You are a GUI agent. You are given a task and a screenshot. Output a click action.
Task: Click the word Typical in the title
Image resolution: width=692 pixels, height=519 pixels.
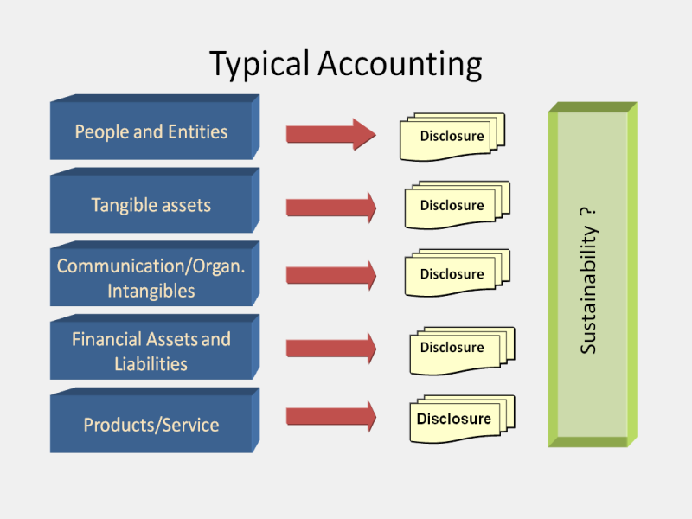click(259, 65)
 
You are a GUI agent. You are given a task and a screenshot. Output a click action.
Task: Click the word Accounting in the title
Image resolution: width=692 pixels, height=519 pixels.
click(399, 65)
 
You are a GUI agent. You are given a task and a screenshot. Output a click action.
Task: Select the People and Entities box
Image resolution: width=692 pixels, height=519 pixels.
click(151, 131)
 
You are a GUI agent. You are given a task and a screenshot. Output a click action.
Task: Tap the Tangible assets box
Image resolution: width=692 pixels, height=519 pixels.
click(151, 205)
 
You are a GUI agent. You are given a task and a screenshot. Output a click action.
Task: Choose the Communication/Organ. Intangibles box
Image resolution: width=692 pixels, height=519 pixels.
click(151, 278)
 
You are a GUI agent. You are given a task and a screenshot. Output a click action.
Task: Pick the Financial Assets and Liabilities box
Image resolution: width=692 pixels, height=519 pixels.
click(151, 350)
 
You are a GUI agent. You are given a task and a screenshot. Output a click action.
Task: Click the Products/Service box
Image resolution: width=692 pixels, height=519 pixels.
click(151, 425)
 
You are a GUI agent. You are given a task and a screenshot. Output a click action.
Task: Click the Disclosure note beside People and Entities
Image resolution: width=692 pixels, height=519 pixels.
click(452, 137)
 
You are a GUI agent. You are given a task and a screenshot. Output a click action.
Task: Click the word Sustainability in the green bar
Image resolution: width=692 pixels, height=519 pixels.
click(588, 299)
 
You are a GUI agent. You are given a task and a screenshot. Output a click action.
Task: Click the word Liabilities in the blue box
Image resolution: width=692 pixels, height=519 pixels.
click(151, 363)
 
